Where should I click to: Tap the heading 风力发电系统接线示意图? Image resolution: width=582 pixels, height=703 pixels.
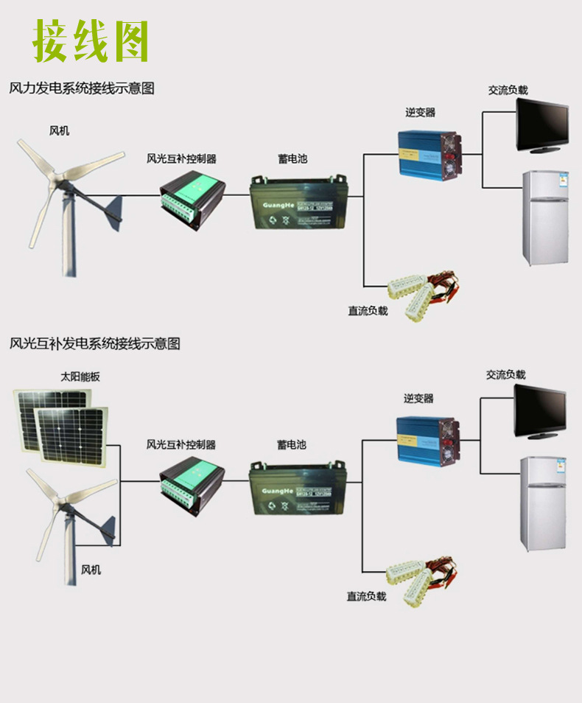(x=82, y=88)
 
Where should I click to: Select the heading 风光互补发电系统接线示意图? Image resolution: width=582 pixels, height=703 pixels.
(x=95, y=343)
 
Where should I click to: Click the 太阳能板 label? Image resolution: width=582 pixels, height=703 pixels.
(x=80, y=377)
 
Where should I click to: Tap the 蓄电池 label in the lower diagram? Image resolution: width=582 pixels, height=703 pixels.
(x=291, y=444)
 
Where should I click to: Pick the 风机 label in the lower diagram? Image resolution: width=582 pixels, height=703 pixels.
(x=91, y=570)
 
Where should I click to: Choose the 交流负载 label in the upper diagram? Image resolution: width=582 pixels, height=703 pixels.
(x=508, y=91)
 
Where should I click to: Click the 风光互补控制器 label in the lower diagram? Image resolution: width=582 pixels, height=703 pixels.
(x=180, y=444)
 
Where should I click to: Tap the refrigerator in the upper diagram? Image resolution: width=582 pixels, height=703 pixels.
(x=545, y=218)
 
